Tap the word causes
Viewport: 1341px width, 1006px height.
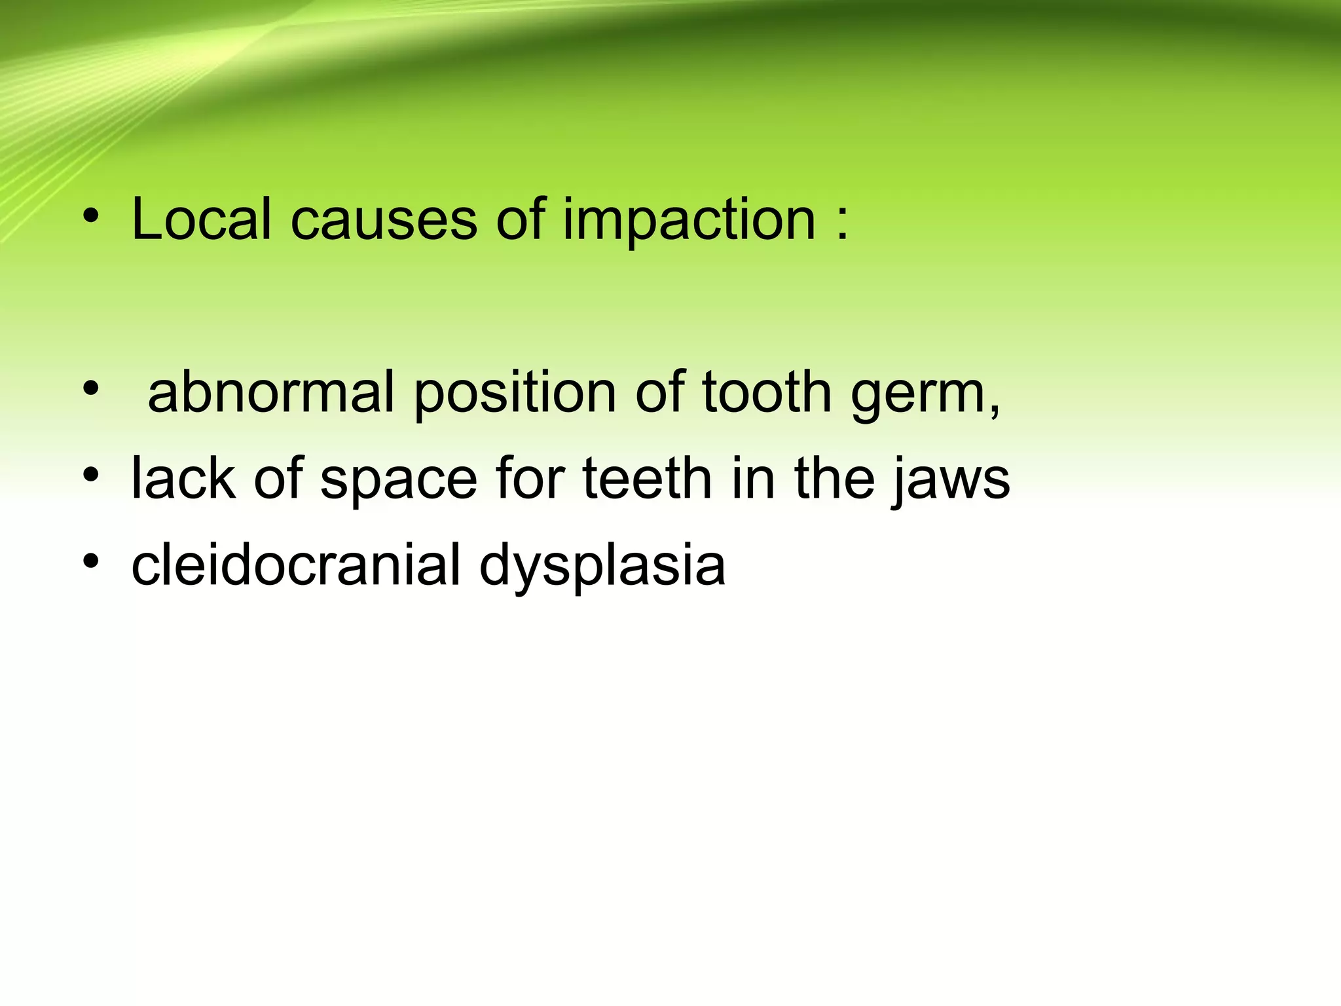tap(383, 220)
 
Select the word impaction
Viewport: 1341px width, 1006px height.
tap(688, 220)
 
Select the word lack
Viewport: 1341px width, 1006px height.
tap(183, 478)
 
